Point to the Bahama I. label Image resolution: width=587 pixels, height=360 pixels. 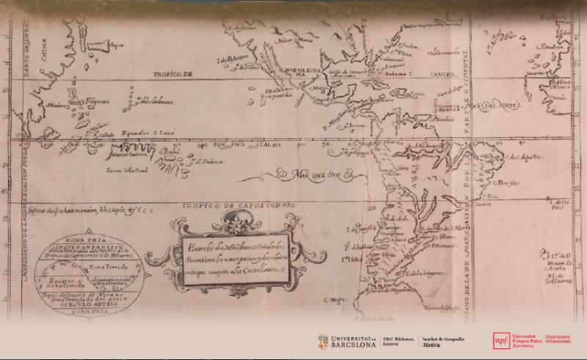[x=403, y=74]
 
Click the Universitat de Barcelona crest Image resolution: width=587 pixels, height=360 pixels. [x=322, y=342]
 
